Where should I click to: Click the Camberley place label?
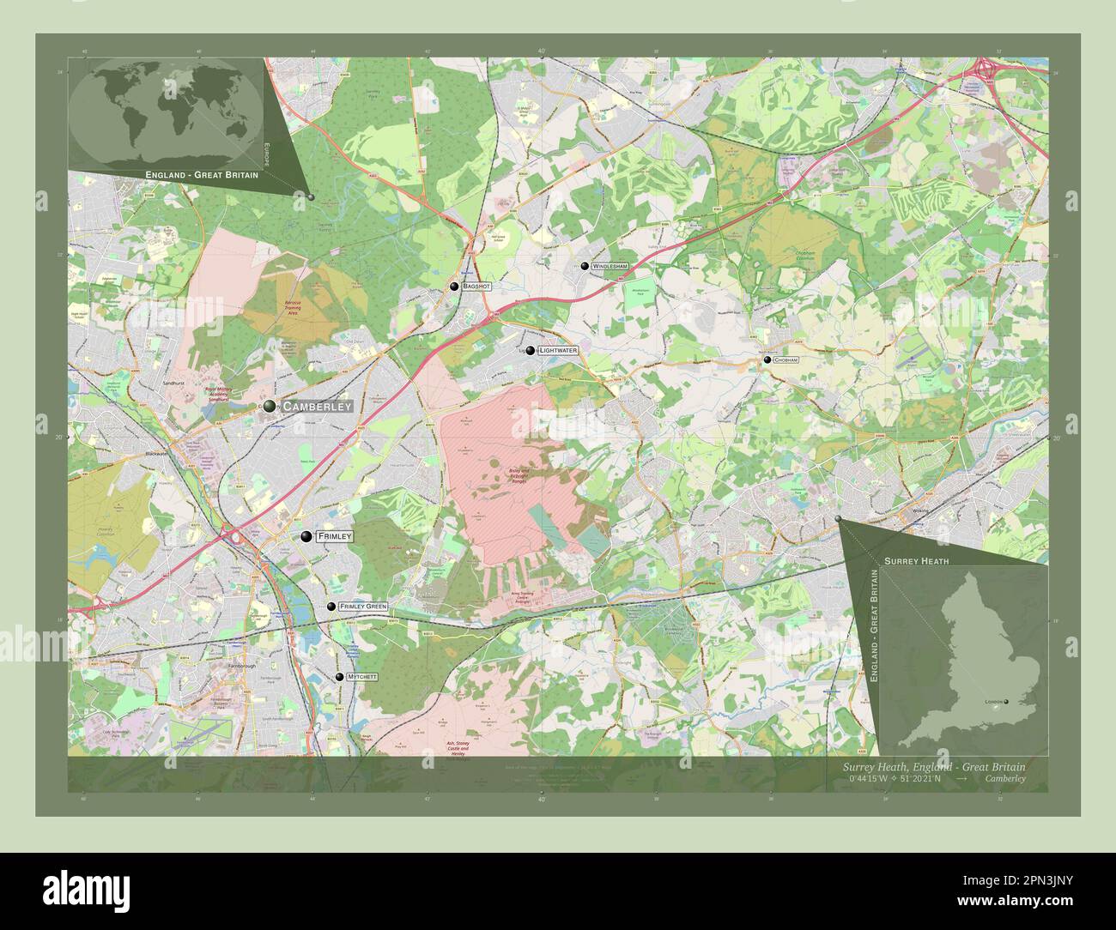pos(317,406)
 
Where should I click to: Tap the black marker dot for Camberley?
pos(270,406)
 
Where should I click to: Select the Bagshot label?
pos(476,287)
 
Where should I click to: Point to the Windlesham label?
pos(610,268)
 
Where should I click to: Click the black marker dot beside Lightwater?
pos(531,351)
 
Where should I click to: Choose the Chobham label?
pos(785,360)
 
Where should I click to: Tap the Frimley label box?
pos(335,536)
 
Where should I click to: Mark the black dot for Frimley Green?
pos(331,607)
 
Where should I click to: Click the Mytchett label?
pos(361,677)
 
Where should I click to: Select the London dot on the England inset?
pos(1006,702)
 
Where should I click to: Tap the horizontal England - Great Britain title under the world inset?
pos(202,175)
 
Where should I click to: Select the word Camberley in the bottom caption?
pos(1004,779)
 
